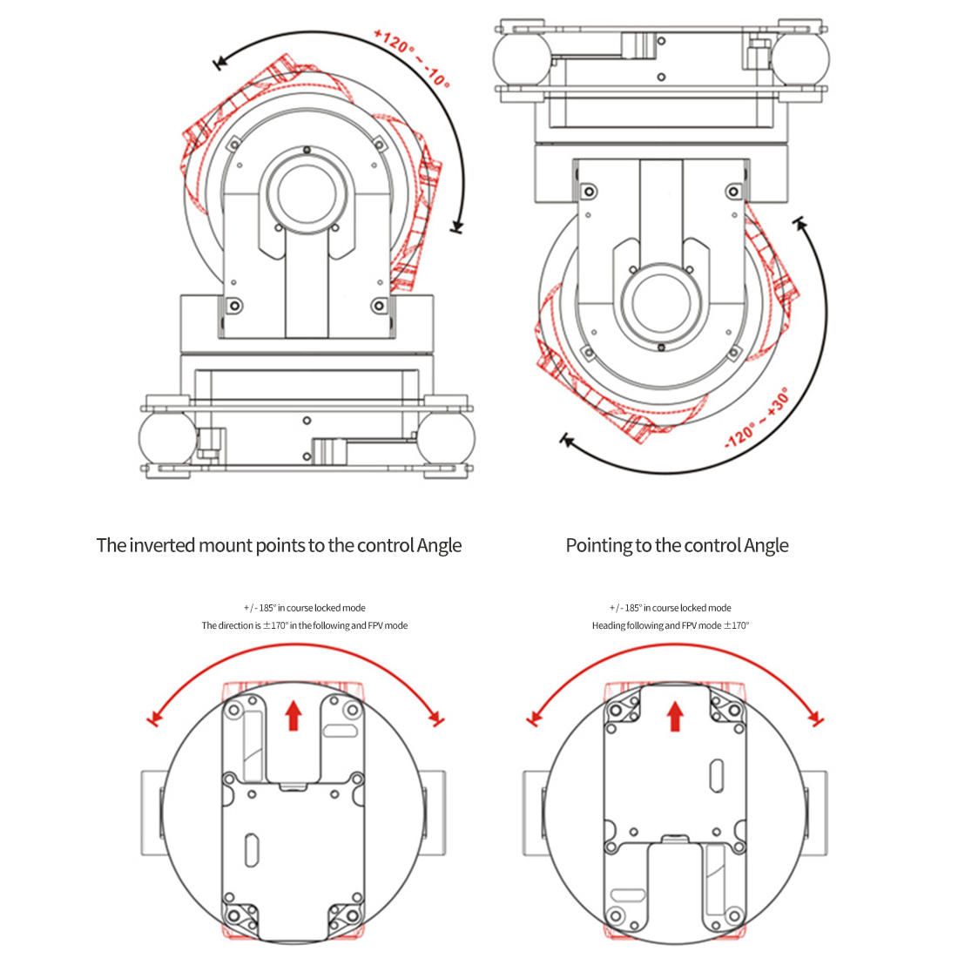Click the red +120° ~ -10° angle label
click(x=412, y=58)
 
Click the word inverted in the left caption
click(x=163, y=545)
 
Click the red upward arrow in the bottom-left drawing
click(x=293, y=715)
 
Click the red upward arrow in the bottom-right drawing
click(x=675, y=716)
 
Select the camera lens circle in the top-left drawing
click(x=307, y=193)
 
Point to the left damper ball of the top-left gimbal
click(x=167, y=438)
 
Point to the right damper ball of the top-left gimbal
click(x=447, y=438)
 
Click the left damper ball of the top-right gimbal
click(x=523, y=58)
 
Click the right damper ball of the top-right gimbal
click(x=800, y=58)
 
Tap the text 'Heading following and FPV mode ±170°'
click(x=671, y=625)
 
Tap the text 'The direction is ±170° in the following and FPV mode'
click(x=304, y=625)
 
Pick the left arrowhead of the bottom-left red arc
click(x=156, y=718)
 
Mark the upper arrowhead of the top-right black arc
click(x=800, y=224)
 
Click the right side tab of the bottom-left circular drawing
click(x=434, y=813)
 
